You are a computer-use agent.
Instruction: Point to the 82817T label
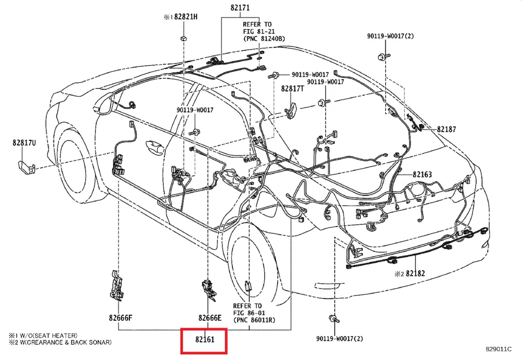(x=292, y=89)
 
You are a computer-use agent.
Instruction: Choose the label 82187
(x=446, y=129)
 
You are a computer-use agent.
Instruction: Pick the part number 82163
(x=422, y=174)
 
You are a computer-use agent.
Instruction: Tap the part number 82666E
(x=210, y=317)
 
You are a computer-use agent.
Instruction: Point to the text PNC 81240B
(x=264, y=39)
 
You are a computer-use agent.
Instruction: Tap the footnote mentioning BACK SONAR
(x=60, y=342)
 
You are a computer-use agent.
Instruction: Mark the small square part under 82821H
(x=184, y=38)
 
